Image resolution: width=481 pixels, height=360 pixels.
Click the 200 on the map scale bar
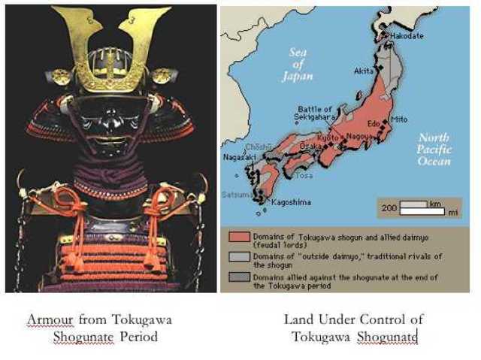click(389, 207)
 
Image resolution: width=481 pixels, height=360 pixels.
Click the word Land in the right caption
click(298, 319)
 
